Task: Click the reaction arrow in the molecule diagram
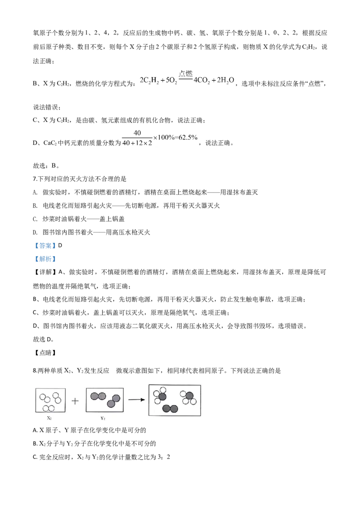pyautogui.click(x=136, y=400)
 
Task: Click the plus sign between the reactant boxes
pyautogui.click(x=75, y=401)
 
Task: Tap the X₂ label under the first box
pyautogui.click(x=49, y=418)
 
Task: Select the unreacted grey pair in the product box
pyautogui.click(x=170, y=409)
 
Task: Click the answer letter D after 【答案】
pyautogui.click(x=60, y=246)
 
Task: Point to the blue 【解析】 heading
pyautogui.click(x=45, y=259)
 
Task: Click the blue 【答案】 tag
pyautogui.click(x=45, y=246)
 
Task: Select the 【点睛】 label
pyautogui.click(x=45, y=353)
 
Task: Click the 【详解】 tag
pyautogui.click(x=45, y=272)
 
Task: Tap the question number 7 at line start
pyautogui.click(x=35, y=179)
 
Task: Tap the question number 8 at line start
pyautogui.click(x=35, y=371)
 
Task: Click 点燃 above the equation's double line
pyautogui.click(x=185, y=74)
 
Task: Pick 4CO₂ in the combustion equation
pyautogui.click(x=202, y=80)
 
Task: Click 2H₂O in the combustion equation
pyautogui.click(x=225, y=80)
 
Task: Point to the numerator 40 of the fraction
pyautogui.click(x=137, y=133)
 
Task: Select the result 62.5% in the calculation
pyautogui.click(x=188, y=138)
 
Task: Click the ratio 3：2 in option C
pyautogui.click(x=164, y=457)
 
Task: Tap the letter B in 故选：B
pyautogui.click(x=54, y=165)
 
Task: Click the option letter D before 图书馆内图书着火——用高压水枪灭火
pyautogui.click(x=35, y=232)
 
